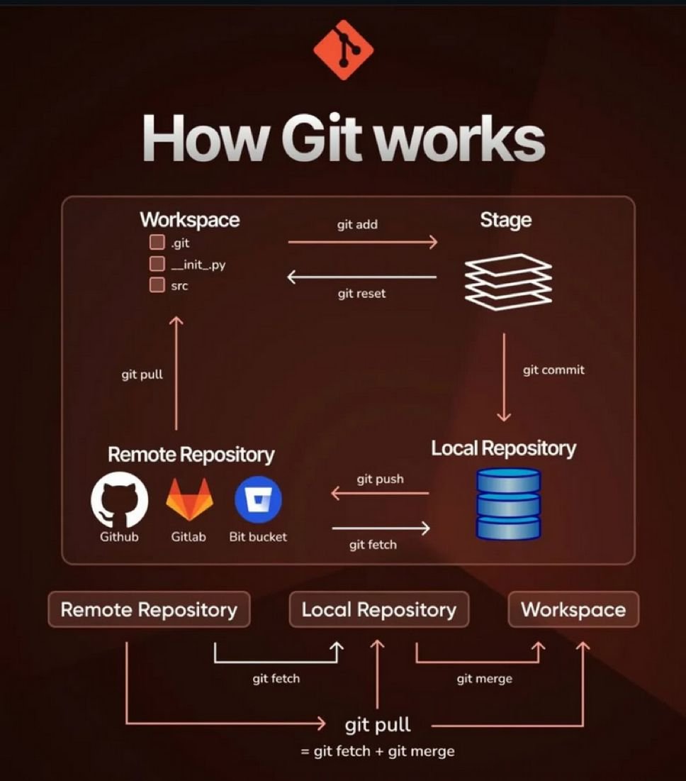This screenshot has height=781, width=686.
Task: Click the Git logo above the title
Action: tap(343, 49)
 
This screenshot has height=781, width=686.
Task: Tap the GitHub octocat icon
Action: tap(119, 499)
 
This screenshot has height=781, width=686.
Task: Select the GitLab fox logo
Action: tap(189, 499)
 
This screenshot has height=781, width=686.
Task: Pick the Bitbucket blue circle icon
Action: tap(258, 499)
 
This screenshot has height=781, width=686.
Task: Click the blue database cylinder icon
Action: tap(509, 504)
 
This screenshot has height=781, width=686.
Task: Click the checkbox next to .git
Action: tap(157, 243)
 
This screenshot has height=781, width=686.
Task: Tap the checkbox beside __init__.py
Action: tap(157, 265)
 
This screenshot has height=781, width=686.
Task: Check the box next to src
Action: tap(157, 286)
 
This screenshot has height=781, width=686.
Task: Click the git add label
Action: tap(357, 225)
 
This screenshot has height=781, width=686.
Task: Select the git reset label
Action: tap(361, 293)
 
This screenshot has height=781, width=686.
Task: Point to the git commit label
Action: tap(553, 370)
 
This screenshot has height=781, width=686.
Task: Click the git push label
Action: tap(380, 479)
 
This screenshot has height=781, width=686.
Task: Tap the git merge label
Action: tap(484, 679)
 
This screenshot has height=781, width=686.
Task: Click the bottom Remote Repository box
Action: tap(149, 609)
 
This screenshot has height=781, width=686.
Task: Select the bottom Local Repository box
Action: tap(378, 609)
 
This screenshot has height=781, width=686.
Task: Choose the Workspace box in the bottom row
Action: tap(573, 609)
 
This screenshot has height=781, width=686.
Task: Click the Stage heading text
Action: tap(505, 220)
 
